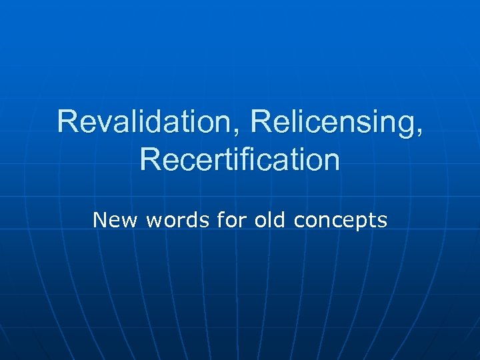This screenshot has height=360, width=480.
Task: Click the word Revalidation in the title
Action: tap(150, 122)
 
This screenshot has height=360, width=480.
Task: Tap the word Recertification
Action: tap(240, 161)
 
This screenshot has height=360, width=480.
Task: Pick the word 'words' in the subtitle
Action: tap(169, 219)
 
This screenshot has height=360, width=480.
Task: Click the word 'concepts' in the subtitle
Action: tap(340, 221)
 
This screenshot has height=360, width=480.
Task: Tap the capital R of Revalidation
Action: tap(67, 122)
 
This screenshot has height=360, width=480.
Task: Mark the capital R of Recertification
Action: tap(150, 161)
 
